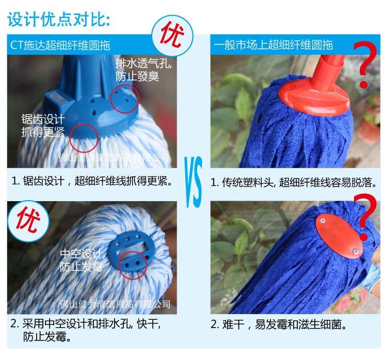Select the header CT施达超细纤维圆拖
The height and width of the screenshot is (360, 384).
tap(60, 45)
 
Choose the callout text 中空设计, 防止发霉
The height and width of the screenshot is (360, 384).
tap(82, 260)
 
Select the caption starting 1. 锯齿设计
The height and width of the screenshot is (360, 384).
tap(91, 182)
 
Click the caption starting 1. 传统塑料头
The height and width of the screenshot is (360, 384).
tap(293, 183)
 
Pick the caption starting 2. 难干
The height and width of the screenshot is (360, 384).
tap(278, 325)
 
